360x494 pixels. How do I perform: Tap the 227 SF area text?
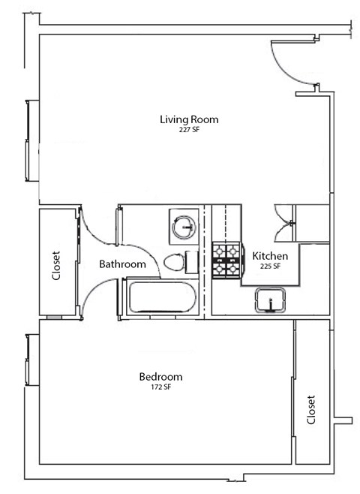coord(189,130)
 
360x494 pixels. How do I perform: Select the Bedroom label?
coord(160,376)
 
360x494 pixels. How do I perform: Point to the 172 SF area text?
coord(160,387)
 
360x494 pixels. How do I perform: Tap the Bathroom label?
coord(122,264)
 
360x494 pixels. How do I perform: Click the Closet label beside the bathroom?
coord(56,265)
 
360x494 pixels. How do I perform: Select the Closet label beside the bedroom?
coord(311,410)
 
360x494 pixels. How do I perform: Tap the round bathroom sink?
coord(183,224)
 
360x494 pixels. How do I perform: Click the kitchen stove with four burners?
coord(226,260)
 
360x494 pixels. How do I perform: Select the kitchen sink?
coord(271,300)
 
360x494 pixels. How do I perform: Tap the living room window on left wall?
coord(29,140)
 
